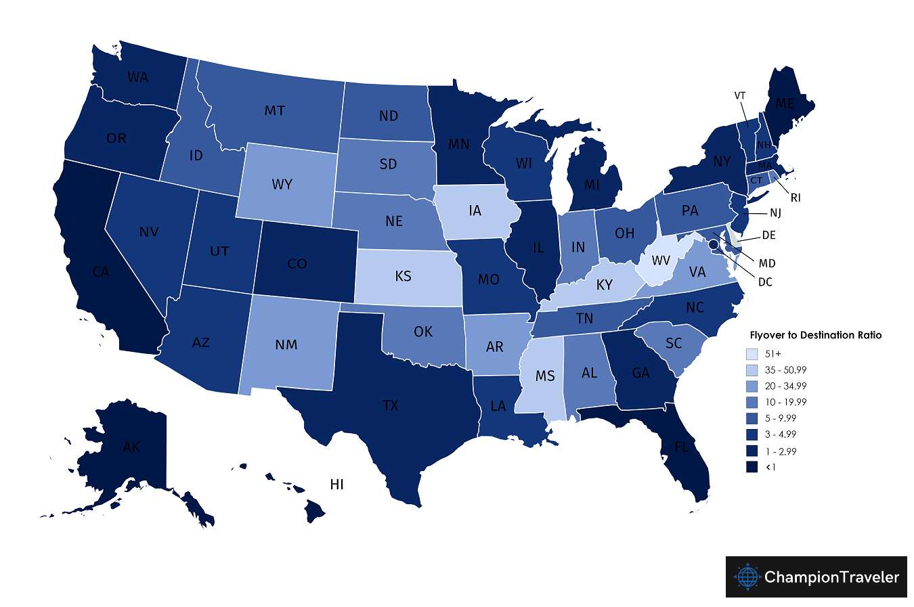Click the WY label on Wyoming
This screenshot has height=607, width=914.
pyautogui.click(x=282, y=184)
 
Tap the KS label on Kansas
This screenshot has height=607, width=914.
pyautogui.click(x=403, y=276)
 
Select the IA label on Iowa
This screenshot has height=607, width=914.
pyautogui.click(x=475, y=211)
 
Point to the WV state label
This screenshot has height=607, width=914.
pyautogui.click(x=661, y=261)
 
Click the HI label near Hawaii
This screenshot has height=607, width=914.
pyautogui.click(x=336, y=485)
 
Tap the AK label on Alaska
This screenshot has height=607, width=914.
pyautogui.click(x=131, y=447)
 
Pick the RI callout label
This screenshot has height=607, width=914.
pyautogui.click(x=796, y=198)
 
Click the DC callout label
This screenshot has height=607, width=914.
pyautogui.click(x=765, y=282)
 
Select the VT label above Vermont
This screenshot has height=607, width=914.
pyautogui.click(x=740, y=96)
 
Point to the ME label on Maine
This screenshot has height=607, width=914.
pyautogui.click(x=785, y=104)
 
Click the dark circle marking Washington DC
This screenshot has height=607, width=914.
pyautogui.click(x=712, y=235)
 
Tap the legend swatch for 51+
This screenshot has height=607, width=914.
pyautogui.click(x=752, y=354)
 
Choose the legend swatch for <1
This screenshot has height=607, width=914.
pyautogui.click(x=752, y=467)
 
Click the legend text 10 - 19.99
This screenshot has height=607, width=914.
pyautogui.click(x=785, y=402)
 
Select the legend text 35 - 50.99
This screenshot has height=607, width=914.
pyautogui.click(x=785, y=370)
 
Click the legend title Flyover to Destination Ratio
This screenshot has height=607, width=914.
pyautogui.click(x=816, y=335)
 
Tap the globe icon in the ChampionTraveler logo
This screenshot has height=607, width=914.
pyautogui.click(x=747, y=577)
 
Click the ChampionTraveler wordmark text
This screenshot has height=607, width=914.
pyautogui.click(x=831, y=577)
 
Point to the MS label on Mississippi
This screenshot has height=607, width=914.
pyautogui.click(x=545, y=376)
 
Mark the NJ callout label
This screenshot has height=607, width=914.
pyautogui.click(x=775, y=213)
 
